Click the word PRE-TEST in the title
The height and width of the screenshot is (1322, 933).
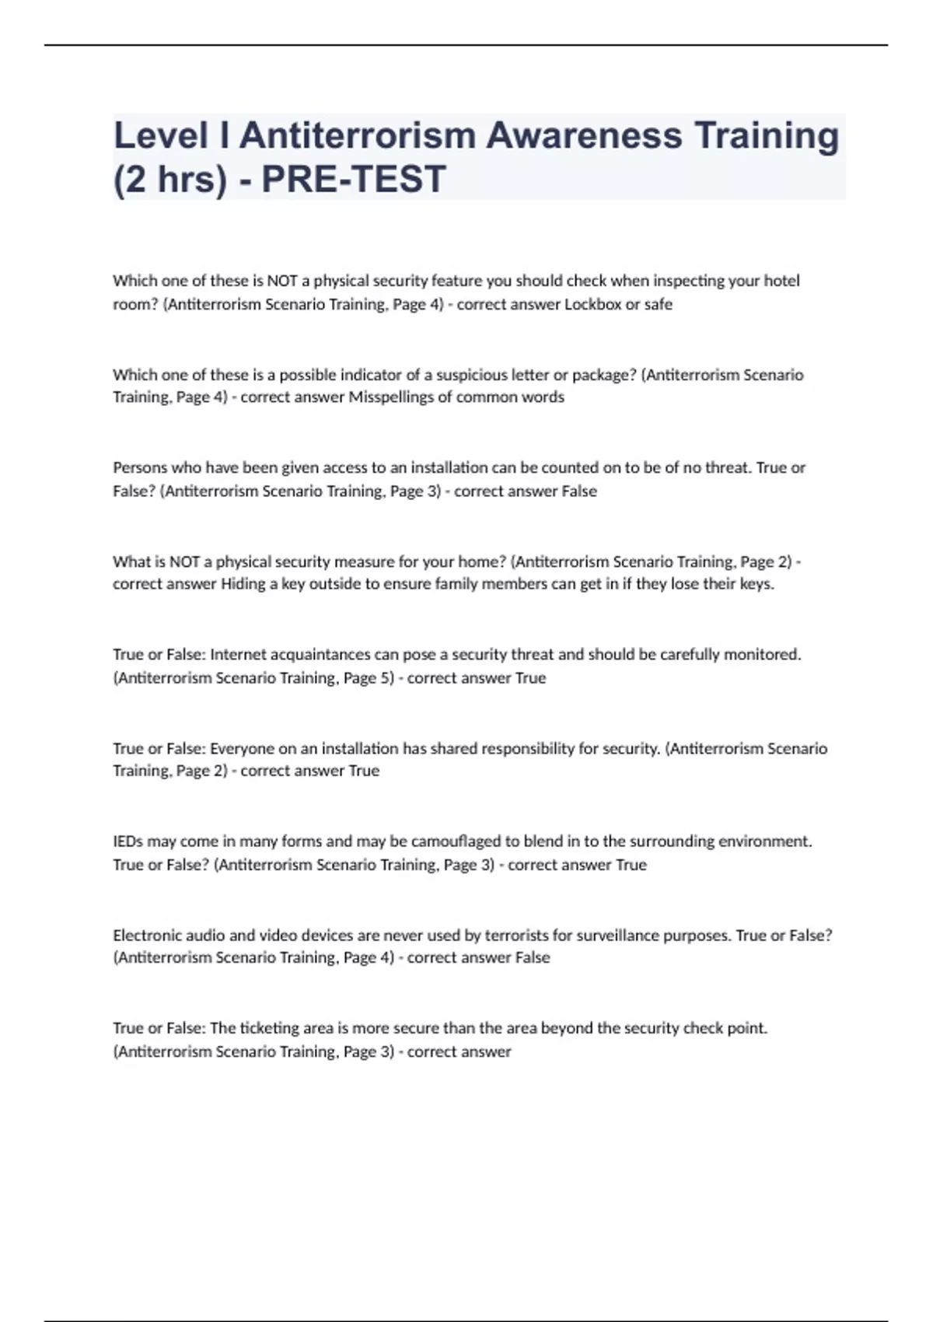point(354,180)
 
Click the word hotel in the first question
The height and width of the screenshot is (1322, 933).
point(781,281)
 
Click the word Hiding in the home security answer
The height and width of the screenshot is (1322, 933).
point(243,584)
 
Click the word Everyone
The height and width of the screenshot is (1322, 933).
point(242,748)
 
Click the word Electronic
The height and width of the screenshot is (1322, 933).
point(147,935)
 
